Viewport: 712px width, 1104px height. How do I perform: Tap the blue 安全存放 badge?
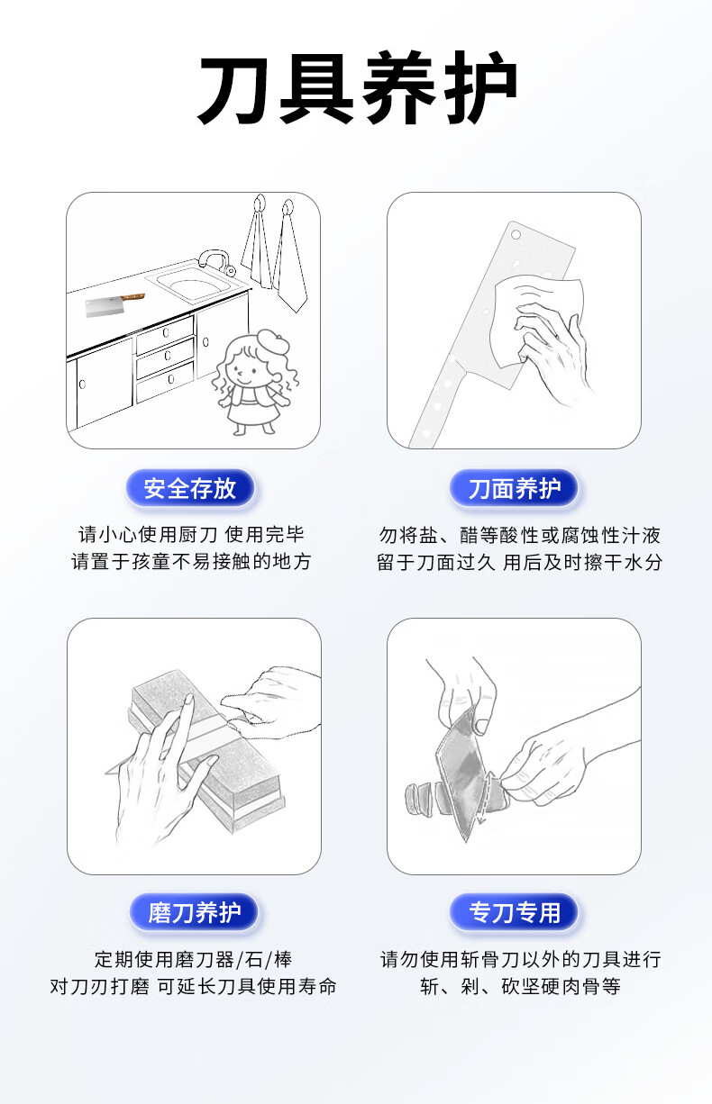190,488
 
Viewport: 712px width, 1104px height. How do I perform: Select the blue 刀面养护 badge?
514,488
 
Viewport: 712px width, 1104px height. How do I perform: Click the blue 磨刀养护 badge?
194,912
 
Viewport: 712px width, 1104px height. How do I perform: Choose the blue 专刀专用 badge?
514,912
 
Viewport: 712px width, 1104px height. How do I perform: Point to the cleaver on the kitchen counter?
114,304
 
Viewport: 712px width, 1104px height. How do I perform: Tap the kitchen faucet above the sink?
215,260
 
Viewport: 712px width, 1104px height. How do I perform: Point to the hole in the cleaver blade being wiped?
516,235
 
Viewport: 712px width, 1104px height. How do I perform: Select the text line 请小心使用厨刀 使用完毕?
191,534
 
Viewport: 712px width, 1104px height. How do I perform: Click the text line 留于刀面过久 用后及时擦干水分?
519,562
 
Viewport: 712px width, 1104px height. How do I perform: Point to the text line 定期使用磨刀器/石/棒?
194,959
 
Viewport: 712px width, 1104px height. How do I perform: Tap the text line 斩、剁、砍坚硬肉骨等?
519,986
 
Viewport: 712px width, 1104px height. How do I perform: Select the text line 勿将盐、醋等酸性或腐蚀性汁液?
519,535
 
